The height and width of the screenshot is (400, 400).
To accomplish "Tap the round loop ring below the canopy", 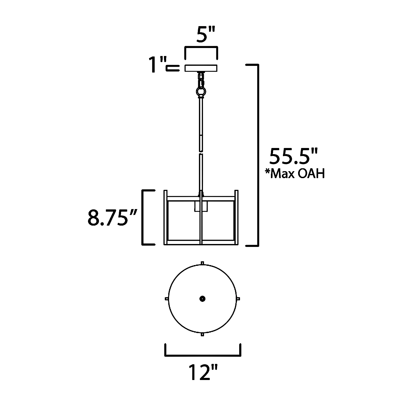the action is click(201, 92).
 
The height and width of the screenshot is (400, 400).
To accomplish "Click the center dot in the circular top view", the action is click(202, 299).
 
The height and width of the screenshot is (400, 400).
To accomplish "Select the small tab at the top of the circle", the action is click(202, 263).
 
